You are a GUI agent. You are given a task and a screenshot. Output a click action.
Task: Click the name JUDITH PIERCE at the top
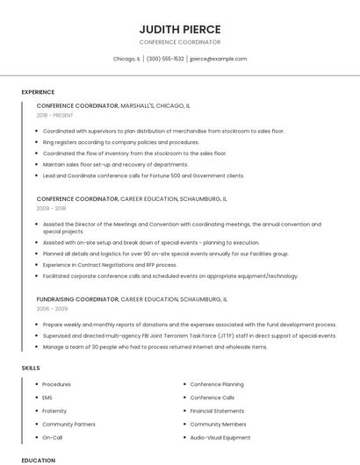pos(179,29)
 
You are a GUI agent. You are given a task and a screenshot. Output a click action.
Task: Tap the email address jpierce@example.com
pos(218,59)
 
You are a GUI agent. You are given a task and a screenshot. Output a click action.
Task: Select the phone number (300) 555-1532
pos(165,59)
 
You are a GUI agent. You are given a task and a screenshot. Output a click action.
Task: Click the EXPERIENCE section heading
pos(38,92)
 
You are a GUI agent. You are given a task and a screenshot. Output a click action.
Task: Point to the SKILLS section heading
pos(31,368)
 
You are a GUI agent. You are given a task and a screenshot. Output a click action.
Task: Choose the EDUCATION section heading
pos(39,460)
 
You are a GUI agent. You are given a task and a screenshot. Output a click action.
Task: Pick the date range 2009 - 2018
pos(51,209)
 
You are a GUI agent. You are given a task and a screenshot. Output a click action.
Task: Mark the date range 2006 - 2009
pos(51,309)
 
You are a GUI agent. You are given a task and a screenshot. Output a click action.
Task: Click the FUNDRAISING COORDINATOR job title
pos(77,299)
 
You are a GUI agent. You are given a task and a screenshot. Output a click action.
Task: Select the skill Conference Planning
pos(217,384)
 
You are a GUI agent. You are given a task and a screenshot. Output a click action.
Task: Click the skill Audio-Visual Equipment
pos(220,437)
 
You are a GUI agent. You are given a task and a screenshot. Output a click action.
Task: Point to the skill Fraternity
pos(55,411)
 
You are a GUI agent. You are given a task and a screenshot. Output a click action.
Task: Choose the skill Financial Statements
pos(217,411)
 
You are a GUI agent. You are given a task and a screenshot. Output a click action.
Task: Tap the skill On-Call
pos(53,437)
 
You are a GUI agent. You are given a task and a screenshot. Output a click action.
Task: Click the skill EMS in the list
pos(47,397)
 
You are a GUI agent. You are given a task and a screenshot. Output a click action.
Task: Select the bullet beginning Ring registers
pos(120,142)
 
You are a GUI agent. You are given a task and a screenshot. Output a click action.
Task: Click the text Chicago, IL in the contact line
pos(126,59)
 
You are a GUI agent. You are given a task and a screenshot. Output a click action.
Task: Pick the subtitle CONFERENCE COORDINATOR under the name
pos(179,42)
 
